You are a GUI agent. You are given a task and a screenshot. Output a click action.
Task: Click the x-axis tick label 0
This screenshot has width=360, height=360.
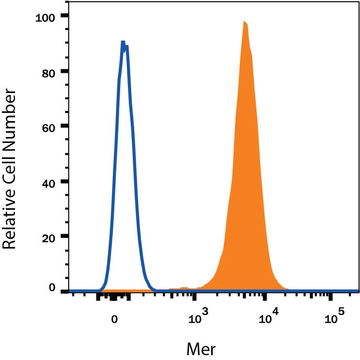[x=114, y=320]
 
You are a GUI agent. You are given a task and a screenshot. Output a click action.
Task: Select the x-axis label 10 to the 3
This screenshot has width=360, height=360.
[x=196, y=319]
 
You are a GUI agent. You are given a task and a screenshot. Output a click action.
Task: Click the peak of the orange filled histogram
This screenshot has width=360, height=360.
[x=245, y=22]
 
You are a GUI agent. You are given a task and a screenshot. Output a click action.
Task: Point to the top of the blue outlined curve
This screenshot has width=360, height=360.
[x=123, y=42]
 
